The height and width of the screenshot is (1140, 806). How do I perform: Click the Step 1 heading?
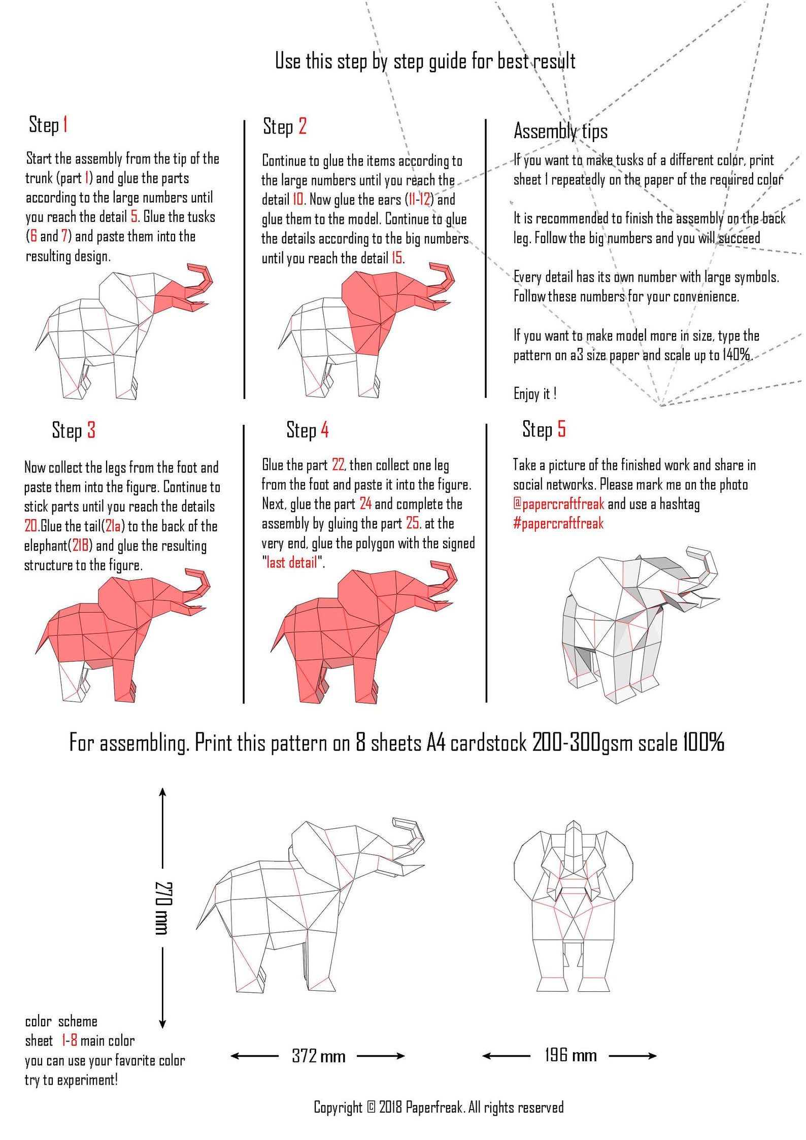(48, 125)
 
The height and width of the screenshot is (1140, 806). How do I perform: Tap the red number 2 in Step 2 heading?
(303, 126)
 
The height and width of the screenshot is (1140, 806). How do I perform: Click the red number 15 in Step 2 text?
(396, 258)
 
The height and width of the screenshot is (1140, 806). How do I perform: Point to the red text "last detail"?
(292, 562)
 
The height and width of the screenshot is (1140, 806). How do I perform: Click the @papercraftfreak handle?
(558, 504)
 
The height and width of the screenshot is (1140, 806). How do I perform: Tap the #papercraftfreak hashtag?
(558, 523)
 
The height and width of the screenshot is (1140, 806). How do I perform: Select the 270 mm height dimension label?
(163, 909)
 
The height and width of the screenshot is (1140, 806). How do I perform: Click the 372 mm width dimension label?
(318, 1056)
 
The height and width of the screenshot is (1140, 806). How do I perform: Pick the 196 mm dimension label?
(570, 1056)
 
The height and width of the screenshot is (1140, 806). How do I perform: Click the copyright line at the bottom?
(439, 1107)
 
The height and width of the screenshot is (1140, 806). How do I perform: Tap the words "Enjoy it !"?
(535, 394)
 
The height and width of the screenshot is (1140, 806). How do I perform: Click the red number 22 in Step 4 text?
(338, 465)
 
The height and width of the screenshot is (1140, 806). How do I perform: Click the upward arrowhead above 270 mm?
(162, 792)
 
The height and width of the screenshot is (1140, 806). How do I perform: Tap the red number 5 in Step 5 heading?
(561, 429)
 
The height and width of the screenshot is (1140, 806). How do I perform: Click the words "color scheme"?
(61, 1021)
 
